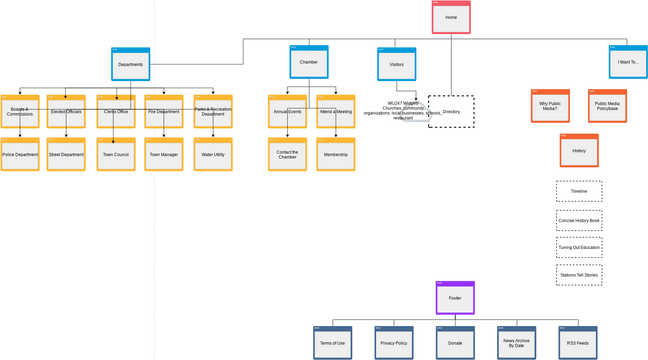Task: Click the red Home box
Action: click(451, 17)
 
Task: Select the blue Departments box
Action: click(130, 64)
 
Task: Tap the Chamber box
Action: click(309, 62)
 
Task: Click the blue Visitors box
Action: click(396, 64)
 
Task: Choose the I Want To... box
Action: click(627, 62)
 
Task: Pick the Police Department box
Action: click(20, 155)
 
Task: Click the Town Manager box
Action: click(163, 155)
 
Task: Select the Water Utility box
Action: click(213, 155)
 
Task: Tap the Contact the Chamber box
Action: click(287, 155)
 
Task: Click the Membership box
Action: click(335, 155)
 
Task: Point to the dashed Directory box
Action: click(452, 112)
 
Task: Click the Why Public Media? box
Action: click(550, 106)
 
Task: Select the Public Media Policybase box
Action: click(607, 106)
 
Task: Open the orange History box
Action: click(579, 151)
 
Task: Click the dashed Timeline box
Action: click(579, 191)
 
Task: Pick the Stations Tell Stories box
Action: click(579, 275)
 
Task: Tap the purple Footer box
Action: click(455, 298)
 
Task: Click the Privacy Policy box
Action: click(394, 343)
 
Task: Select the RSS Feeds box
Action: click(578, 343)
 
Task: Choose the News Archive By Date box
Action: click(516, 343)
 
